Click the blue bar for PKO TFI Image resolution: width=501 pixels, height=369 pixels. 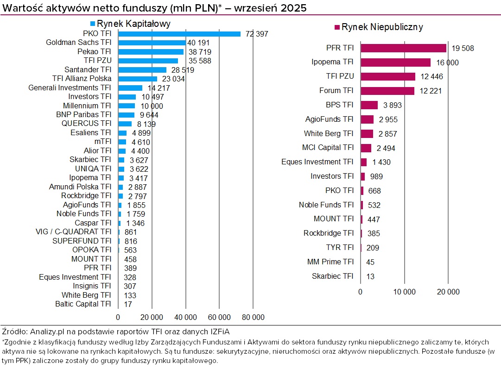point(179,34)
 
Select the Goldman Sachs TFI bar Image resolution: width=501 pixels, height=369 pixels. point(152,43)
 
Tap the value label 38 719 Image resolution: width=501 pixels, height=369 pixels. point(200,52)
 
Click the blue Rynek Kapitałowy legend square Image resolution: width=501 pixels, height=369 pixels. point(93,24)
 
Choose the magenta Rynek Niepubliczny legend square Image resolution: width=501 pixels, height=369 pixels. point(337,27)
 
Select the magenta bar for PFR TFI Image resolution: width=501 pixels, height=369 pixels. point(403,48)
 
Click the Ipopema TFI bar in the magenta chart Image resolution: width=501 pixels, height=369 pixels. point(395,63)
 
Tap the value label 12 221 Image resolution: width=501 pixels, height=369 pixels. point(431,91)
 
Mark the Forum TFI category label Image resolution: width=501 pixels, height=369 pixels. point(336,91)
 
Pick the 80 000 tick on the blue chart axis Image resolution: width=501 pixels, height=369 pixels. point(253,317)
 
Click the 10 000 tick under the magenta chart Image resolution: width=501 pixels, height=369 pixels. point(404,292)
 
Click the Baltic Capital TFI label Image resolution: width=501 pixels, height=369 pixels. point(83,304)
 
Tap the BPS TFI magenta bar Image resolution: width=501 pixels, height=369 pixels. point(369,105)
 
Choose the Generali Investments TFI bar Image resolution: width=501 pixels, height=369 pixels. point(130,88)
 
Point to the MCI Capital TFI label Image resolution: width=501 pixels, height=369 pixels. point(328,148)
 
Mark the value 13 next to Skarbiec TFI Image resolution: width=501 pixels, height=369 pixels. point(370,276)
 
